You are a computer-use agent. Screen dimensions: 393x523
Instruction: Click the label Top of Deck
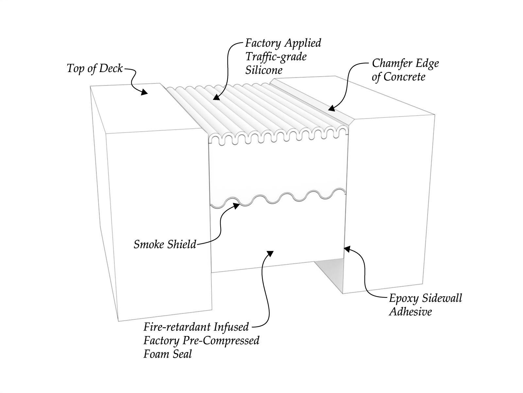(95, 68)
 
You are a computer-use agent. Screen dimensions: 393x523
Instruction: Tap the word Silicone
(264, 70)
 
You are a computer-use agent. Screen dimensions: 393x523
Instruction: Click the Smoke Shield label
(165, 244)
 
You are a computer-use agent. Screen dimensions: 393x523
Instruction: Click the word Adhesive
(410, 311)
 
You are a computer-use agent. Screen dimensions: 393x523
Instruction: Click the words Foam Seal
(167, 354)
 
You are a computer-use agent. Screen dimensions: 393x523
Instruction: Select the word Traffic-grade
(276, 57)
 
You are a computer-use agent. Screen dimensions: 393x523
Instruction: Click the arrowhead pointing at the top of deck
(144, 92)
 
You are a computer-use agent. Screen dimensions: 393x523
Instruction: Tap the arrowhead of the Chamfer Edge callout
(331, 108)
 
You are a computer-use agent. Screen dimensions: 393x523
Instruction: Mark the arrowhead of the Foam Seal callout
(270, 254)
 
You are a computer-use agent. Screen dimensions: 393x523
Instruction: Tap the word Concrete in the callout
(404, 77)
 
